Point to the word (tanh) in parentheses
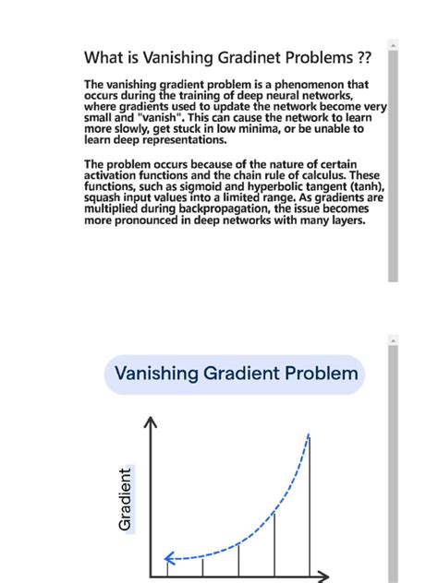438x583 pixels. (x=364, y=186)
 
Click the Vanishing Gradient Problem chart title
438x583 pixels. (x=235, y=374)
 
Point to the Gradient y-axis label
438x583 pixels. (x=126, y=498)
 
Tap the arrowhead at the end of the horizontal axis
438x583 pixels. (x=322, y=578)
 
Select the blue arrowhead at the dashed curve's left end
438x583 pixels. (x=169, y=557)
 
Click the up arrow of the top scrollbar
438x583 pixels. (x=393, y=44)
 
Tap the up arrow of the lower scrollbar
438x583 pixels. (x=393, y=341)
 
